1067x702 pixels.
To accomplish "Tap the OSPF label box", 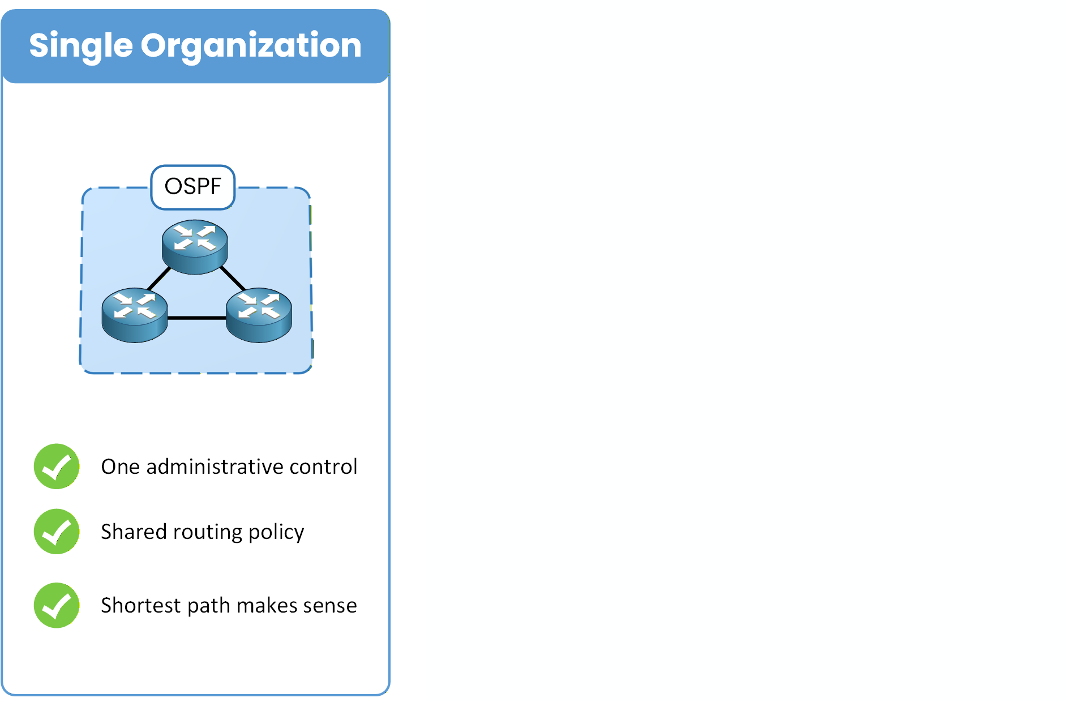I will (192, 187).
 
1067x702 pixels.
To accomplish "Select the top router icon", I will (195, 246).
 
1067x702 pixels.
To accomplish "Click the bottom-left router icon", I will (135, 315).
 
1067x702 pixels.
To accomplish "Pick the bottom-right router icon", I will (259, 315).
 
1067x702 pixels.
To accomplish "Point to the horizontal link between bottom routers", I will (196, 318).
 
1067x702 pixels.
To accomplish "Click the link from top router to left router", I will (158, 279).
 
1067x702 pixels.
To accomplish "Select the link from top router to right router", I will (233, 278).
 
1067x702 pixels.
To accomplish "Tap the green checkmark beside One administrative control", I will (57, 466).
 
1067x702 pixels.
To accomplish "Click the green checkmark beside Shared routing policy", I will (57, 532).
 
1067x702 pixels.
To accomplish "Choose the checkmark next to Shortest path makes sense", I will (57, 605).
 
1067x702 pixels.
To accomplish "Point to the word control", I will (323, 467).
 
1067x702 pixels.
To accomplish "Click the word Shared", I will (133, 532).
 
